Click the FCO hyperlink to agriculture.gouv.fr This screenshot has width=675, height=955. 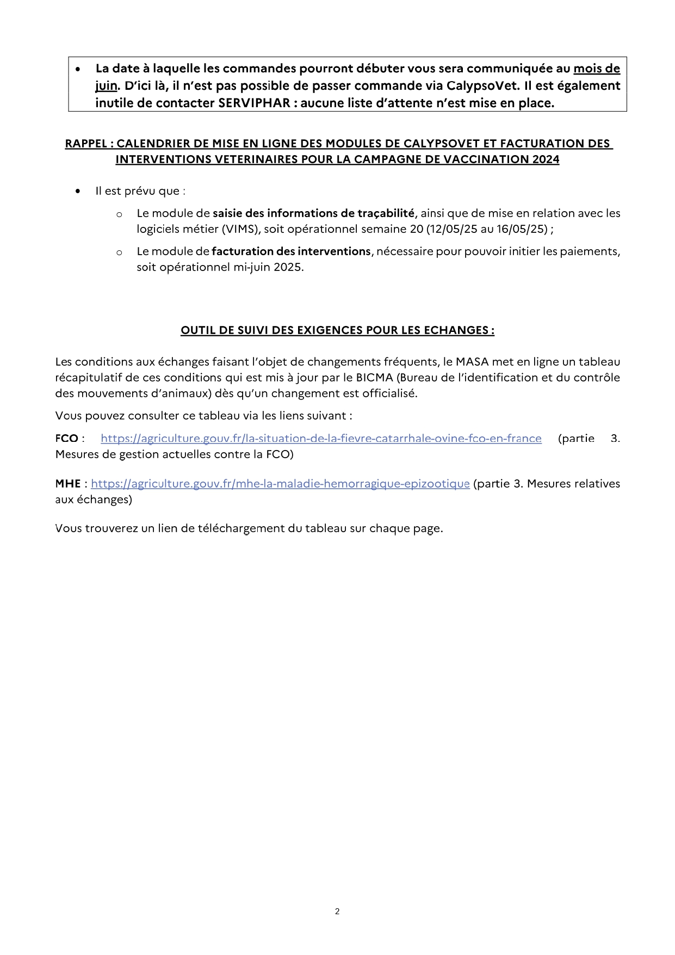coord(321,439)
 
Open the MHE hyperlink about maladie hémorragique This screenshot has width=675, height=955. coord(280,484)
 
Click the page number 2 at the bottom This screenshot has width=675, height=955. coord(337,911)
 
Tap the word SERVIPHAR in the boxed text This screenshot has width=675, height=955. coord(254,103)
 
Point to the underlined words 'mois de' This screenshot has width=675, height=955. coord(597,69)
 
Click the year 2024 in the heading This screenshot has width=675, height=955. coord(546,159)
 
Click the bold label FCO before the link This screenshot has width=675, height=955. coord(66,439)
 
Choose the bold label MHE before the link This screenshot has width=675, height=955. coord(67,484)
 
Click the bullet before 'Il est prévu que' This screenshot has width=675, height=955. coord(79,191)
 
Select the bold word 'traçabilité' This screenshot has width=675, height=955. coord(386,213)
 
